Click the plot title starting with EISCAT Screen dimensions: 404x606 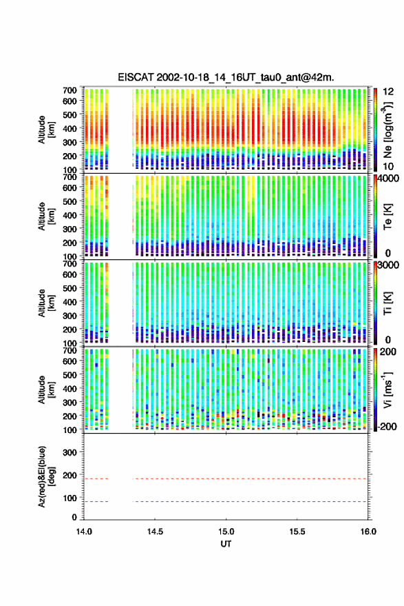[226, 77]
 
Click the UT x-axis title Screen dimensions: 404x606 [226, 544]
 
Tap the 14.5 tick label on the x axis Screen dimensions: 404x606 [155, 532]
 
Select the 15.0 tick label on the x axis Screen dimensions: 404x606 [226, 532]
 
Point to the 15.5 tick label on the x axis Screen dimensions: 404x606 [297, 532]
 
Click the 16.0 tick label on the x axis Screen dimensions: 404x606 [368, 532]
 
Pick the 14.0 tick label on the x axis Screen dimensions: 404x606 [84, 532]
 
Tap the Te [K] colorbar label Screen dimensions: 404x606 [387, 216]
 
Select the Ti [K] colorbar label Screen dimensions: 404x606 [387, 303]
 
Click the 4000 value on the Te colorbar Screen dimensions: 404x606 [389, 179]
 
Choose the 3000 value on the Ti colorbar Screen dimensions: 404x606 [389, 265]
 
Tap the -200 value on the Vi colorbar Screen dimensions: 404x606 [387, 427]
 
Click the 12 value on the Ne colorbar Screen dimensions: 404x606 [388, 92]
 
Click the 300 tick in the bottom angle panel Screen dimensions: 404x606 [70, 452]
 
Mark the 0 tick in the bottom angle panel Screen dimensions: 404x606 [74, 517]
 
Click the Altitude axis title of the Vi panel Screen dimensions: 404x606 [46, 390]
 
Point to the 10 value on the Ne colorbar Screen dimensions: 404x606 [388, 167]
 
